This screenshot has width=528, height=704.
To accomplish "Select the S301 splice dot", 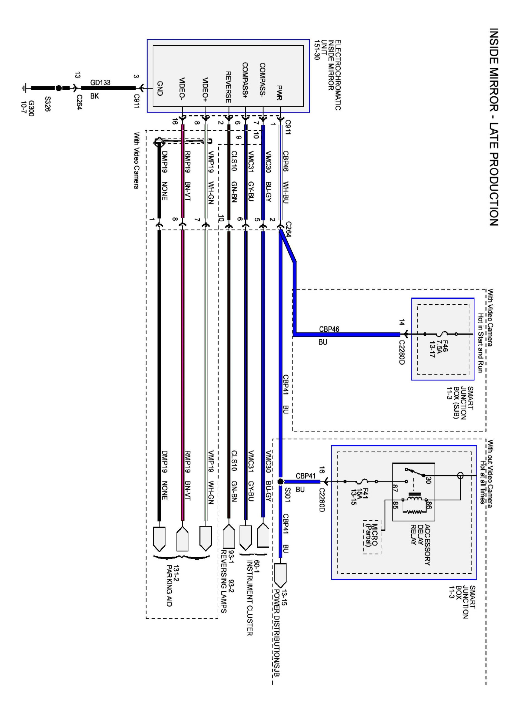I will (280, 482).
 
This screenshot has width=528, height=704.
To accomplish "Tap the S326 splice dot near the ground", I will (59, 88).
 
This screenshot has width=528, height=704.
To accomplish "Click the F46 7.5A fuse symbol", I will (441, 334).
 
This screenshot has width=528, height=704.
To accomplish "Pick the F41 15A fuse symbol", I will (361, 482).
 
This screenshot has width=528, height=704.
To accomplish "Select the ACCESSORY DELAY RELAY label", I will (420, 544).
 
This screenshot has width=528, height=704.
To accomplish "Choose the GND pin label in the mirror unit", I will (160, 88).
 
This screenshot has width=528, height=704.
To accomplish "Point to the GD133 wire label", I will (100, 82).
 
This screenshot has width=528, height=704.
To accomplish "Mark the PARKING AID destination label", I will (169, 585).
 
